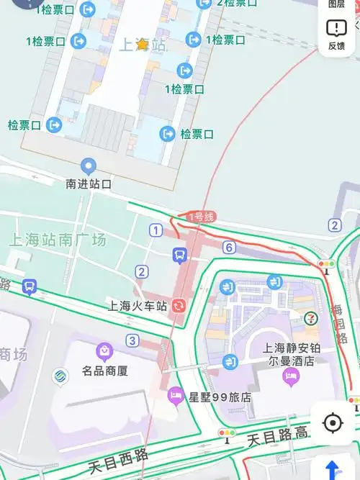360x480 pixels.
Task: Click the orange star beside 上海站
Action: (x=143, y=45)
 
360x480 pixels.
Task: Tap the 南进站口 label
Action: (x=89, y=184)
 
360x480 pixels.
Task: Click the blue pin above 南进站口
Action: (x=89, y=167)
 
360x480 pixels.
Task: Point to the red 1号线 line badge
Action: (x=201, y=217)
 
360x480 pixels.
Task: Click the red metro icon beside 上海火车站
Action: (x=179, y=305)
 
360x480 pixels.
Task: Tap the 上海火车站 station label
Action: (x=138, y=306)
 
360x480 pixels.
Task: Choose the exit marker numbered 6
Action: (x=229, y=248)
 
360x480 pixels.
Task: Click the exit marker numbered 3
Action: (x=132, y=340)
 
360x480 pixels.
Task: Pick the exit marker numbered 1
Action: (x=156, y=230)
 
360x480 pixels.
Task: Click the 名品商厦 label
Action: (x=104, y=371)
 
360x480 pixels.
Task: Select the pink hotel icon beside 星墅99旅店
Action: (x=176, y=394)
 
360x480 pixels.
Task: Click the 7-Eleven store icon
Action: (x=310, y=317)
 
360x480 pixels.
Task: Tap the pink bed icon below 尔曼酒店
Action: (x=291, y=376)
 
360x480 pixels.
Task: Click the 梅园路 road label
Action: (x=338, y=324)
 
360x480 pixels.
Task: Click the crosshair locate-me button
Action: (x=333, y=422)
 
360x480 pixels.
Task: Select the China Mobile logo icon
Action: (x=60, y=376)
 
